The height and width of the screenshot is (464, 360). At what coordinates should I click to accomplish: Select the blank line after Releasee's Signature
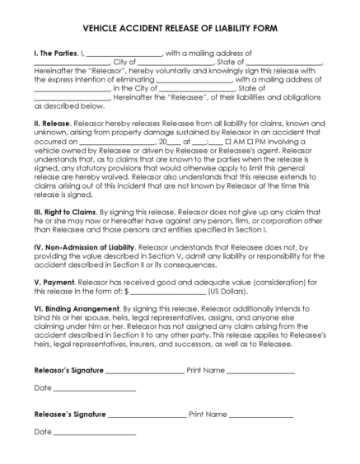(146, 415)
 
